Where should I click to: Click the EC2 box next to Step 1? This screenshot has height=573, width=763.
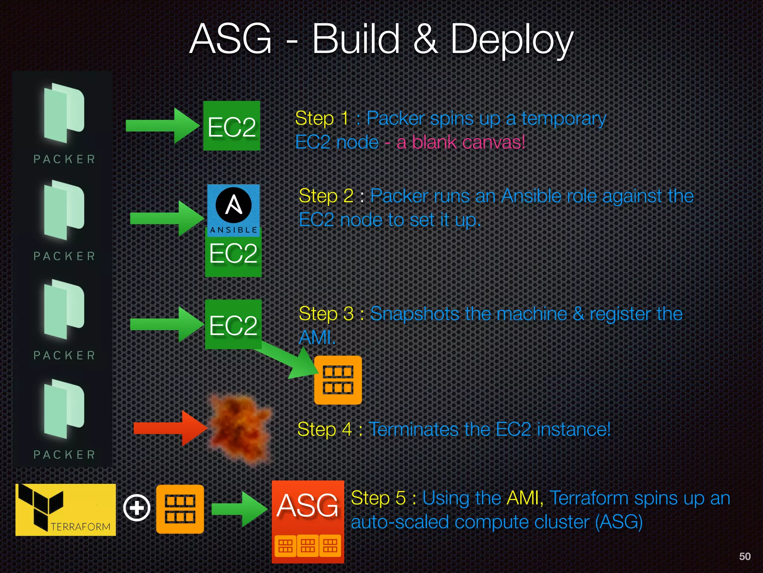(x=231, y=126)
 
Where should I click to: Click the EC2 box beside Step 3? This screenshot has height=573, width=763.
(x=233, y=324)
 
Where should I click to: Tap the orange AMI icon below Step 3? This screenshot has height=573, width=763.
(x=338, y=380)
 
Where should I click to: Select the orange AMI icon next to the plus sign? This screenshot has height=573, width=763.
(x=180, y=509)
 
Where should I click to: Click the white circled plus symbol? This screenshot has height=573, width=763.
(x=137, y=508)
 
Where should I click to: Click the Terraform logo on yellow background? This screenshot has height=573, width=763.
(x=66, y=510)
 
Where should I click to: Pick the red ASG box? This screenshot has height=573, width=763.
(x=308, y=521)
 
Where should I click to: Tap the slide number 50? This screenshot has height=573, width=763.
(x=744, y=556)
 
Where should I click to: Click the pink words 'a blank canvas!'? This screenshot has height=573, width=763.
(x=460, y=142)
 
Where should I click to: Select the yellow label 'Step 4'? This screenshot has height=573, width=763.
(x=324, y=429)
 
